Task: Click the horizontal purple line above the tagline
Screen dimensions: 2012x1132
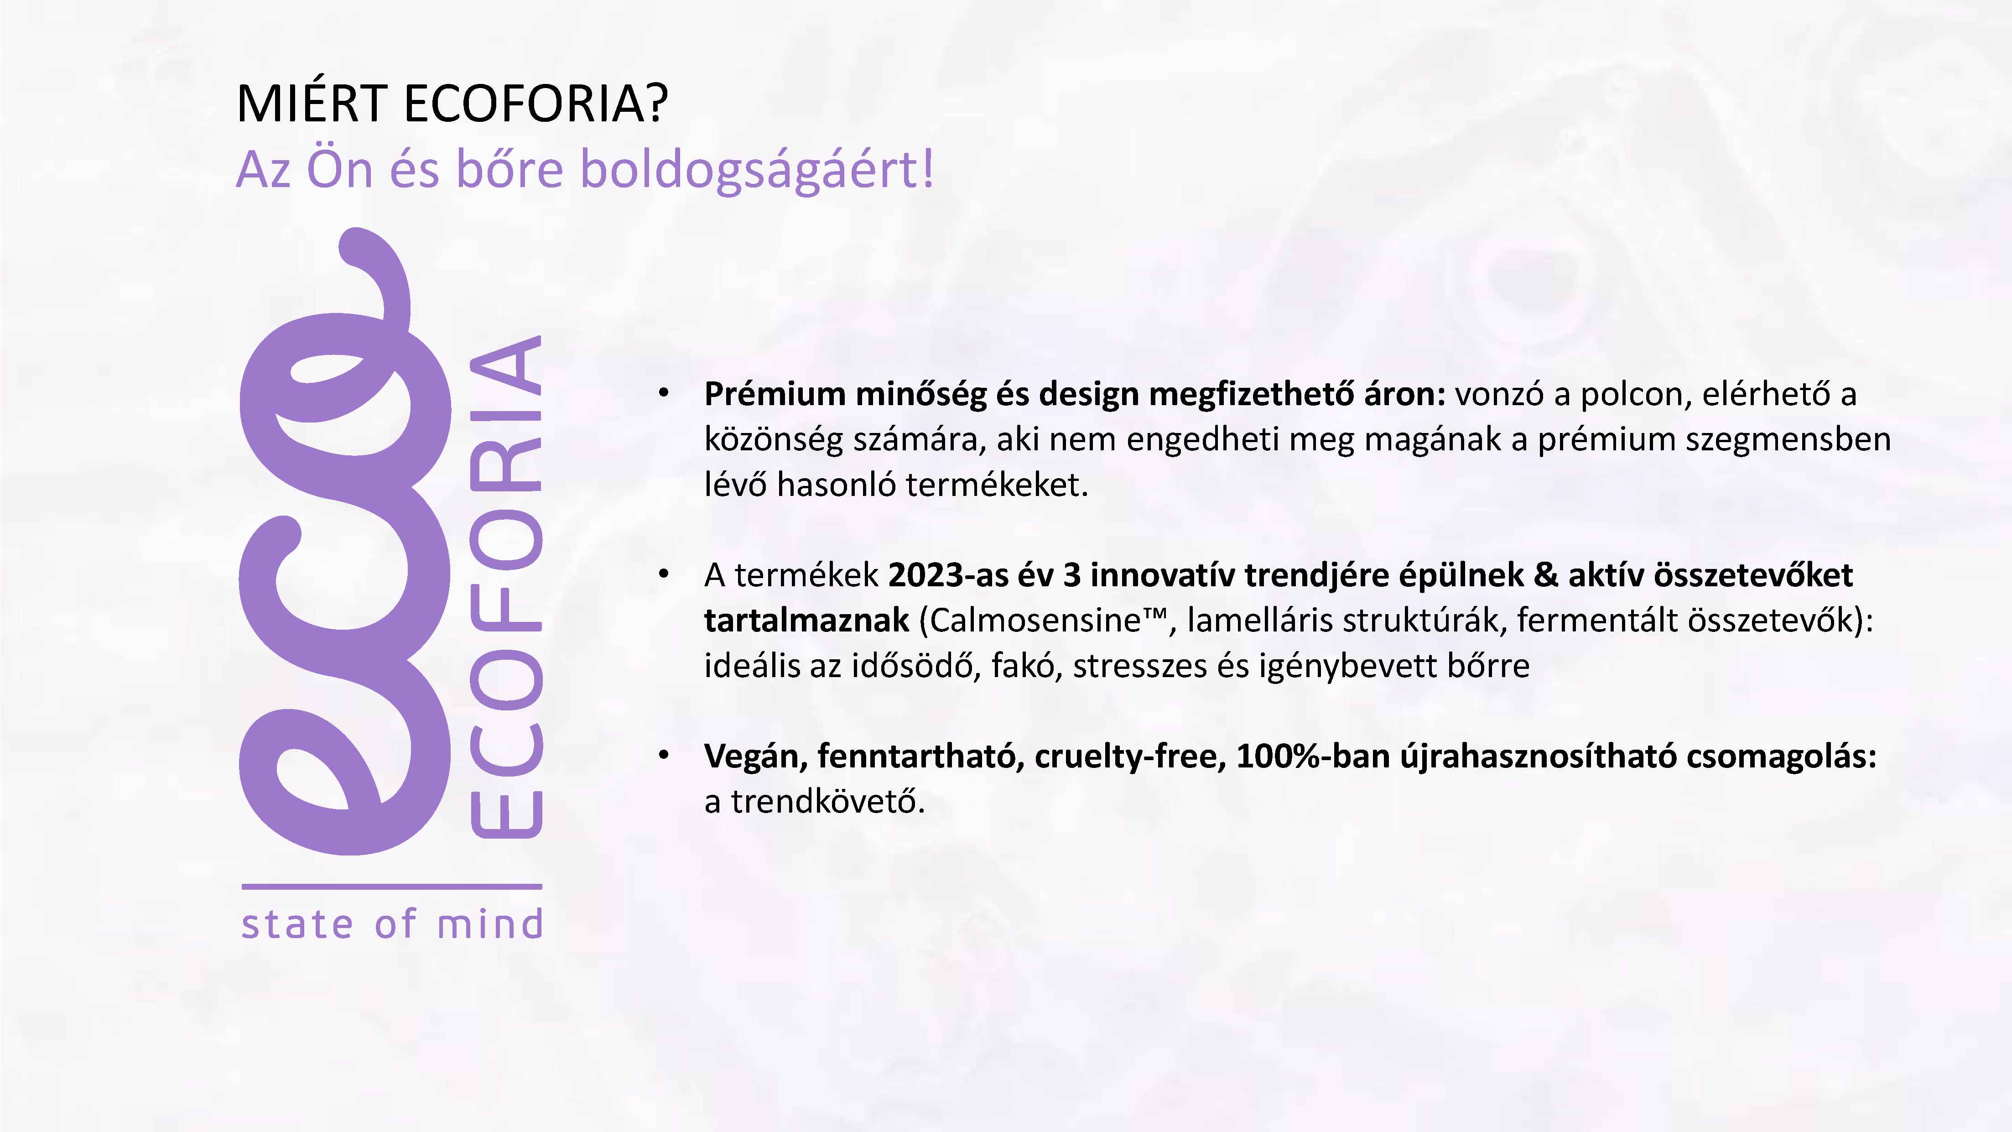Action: pyautogui.click(x=391, y=887)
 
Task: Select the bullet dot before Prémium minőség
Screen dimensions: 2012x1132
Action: pyautogui.click(x=663, y=394)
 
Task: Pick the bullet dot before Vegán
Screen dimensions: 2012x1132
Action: pyautogui.click(x=663, y=756)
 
